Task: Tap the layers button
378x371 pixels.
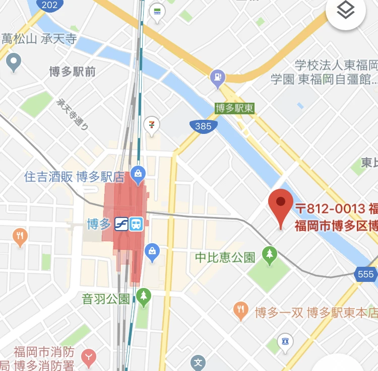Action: pyautogui.click(x=346, y=11)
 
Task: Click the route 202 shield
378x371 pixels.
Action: pyautogui.click(x=49, y=5)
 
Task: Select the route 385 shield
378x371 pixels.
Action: pyautogui.click(x=203, y=126)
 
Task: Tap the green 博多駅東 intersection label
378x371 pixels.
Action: pyautogui.click(x=234, y=108)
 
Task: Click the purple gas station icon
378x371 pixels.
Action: pyautogui.click(x=217, y=78)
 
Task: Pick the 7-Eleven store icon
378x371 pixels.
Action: pyautogui.click(x=152, y=123)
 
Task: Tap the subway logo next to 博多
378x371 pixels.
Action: pyautogui.click(x=120, y=224)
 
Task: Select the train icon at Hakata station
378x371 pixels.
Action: pyautogui.click(x=136, y=224)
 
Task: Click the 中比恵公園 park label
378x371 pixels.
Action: pyautogui.click(x=225, y=258)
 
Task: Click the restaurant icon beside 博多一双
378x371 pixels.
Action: pyautogui.click(x=241, y=311)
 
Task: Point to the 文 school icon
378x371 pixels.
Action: pyautogui.click(x=199, y=362)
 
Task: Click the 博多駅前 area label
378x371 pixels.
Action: pyautogui.click(x=73, y=71)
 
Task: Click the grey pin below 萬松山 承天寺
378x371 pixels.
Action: pyautogui.click(x=14, y=62)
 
